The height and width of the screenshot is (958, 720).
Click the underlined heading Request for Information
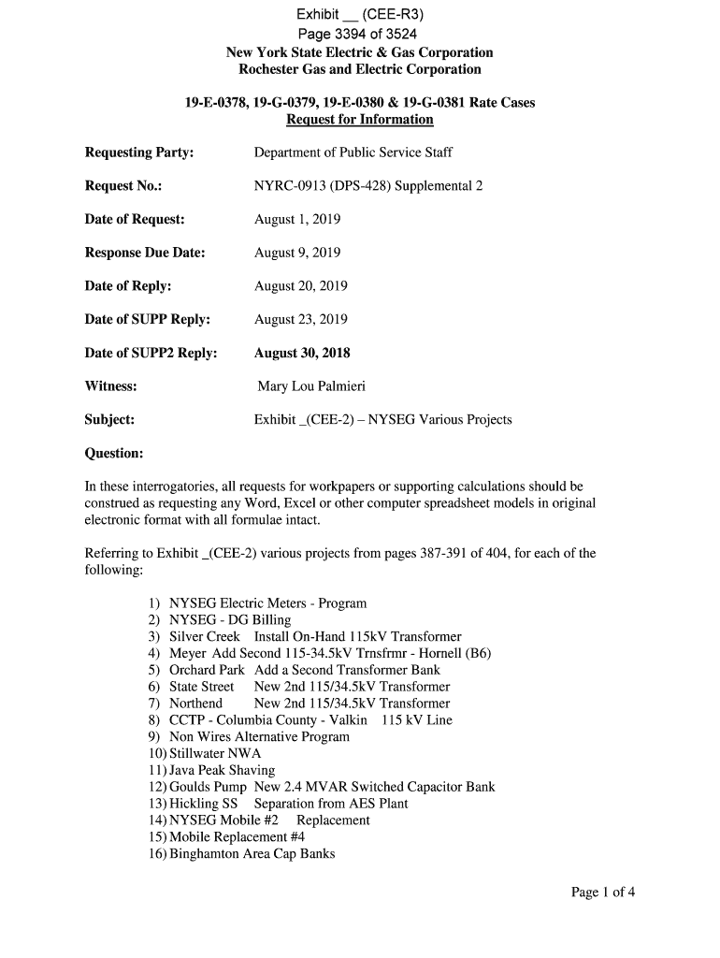[359, 120]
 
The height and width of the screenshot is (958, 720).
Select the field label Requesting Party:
[139, 152]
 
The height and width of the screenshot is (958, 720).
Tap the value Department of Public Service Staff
[353, 152]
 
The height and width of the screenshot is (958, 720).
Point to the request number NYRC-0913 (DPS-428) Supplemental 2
[368, 186]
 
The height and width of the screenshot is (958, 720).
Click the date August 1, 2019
[297, 220]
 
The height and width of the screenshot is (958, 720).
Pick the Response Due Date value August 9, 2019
[297, 253]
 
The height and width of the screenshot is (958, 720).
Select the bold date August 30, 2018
[302, 353]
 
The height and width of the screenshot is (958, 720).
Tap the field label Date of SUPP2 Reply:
[151, 353]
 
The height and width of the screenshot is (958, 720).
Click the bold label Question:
[114, 454]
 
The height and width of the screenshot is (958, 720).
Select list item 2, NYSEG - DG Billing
[229, 620]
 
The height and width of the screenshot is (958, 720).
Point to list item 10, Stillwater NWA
[214, 753]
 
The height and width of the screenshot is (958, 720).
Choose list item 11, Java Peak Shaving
[222, 770]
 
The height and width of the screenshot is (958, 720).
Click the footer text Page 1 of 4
[603, 892]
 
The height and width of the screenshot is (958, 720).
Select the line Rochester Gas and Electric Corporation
[360, 69]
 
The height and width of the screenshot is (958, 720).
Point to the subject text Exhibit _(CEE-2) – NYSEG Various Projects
[383, 420]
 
